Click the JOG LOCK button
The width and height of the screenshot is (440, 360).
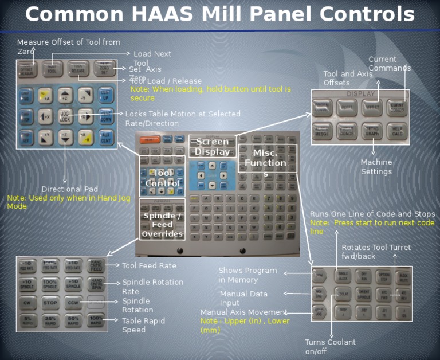pyautogui.click(x=65, y=116)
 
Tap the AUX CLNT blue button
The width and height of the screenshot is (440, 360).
pyautogui.click(x=105, y=137)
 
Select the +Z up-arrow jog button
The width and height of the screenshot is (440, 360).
pyautogui.click(x=65, y=95)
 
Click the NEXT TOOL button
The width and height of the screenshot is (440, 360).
pyautogui.click(x=53, y=69)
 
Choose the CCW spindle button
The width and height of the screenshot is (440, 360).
pyautogui.click(x=72, y=302)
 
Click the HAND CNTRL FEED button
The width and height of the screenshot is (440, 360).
pyautogui.click(x=96, y=265)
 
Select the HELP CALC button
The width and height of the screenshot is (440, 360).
pyautogui.click(x=398, y=131)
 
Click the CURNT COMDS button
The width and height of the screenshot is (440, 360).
pyautogui.click(x=398, y=107)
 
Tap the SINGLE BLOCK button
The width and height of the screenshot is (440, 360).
pyautogui.click(x=343, y=276)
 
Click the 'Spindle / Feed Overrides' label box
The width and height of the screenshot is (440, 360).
pyautogui.click(x=162, y=225)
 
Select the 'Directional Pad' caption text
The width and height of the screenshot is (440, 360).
pyautogui.click(x=69, y=189)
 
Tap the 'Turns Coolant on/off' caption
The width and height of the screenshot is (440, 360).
pyautogui.click(x=330, y=346)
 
